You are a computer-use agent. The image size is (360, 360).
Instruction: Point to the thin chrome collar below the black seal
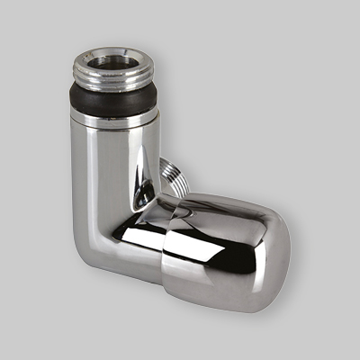[114, 117]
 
